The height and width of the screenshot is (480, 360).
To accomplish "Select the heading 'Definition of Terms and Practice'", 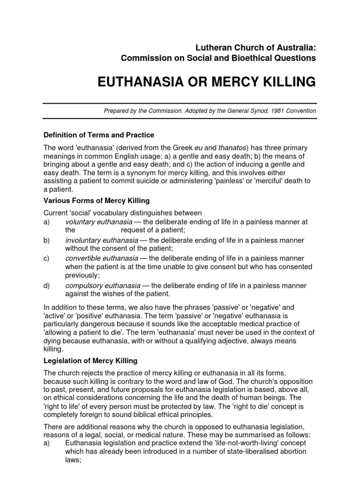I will click(x=98, y=135).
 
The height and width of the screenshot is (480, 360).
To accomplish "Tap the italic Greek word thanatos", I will click(x=219, y=148).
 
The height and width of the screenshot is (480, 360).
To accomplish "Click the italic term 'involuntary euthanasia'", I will click(x=101, y=240).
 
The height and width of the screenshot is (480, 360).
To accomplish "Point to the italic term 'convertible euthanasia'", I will click(x=101, y=258).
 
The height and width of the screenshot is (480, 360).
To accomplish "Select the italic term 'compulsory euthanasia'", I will click(x=103, y=285).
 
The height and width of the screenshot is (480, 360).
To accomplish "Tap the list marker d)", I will click(x=46, y=285).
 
